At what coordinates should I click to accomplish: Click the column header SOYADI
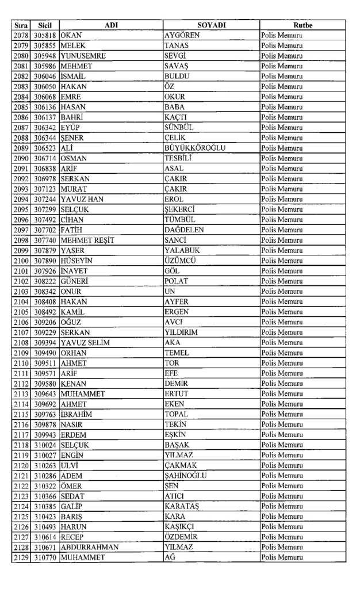point(211,25)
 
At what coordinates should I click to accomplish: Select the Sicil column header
point(45,25)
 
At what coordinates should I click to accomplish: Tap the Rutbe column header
point(302,25)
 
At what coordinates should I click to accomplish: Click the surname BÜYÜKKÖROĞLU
point(195,148)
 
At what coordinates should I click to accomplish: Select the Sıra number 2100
point(21,261)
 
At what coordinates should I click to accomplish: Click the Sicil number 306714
point(45,158)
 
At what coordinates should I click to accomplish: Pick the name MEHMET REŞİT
point(87,240)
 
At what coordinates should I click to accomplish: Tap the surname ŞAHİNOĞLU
point(186,476)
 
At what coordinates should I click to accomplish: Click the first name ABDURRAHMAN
point(89,547)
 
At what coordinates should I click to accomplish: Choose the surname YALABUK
point(182,250)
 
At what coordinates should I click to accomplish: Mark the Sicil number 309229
point(45,332)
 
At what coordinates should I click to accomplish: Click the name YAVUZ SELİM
point(85,343)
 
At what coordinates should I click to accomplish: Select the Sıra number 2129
point(21,557)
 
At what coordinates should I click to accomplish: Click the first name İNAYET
point(74,271)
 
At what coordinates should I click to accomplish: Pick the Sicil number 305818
point(45,36)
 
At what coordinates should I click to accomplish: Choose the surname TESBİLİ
point(178,158)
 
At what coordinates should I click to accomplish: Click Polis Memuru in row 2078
point(282,36)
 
